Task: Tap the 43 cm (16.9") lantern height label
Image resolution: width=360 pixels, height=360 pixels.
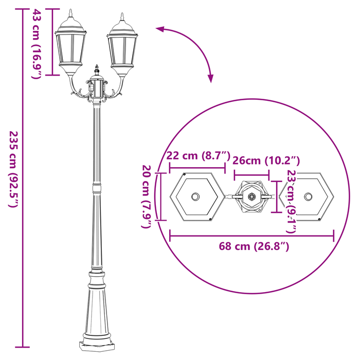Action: pos(37,44)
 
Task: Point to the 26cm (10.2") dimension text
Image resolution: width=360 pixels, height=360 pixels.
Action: pos(266,160)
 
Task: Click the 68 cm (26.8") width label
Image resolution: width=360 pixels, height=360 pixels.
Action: pos(254,246)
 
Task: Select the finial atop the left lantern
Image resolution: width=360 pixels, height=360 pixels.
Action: pos(71,12)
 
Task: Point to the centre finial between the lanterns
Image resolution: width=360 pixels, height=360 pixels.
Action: pos(97,69)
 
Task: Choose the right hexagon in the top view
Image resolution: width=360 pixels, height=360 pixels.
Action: pos(308,197)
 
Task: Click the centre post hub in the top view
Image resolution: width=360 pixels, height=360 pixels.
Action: pos(251,197)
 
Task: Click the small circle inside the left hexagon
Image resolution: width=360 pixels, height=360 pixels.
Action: pos(195,197)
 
